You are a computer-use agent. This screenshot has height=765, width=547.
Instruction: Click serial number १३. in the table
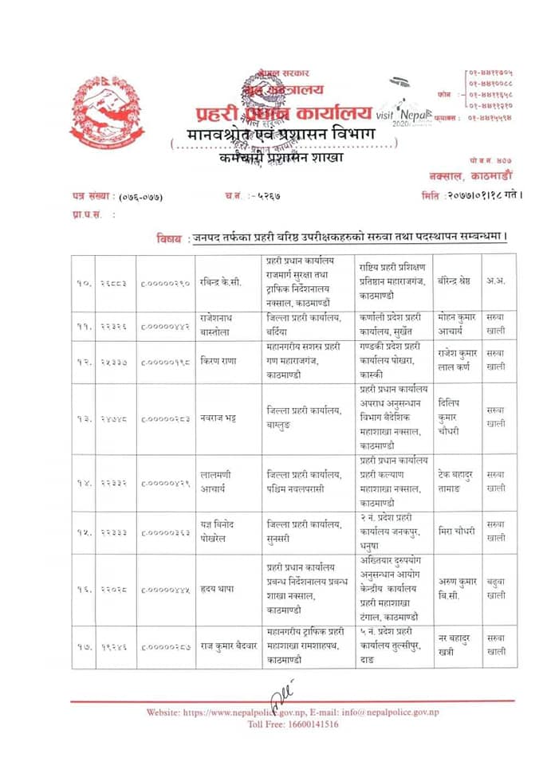[x=81, y=418]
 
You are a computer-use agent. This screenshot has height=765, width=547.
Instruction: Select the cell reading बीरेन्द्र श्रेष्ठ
[x=458, y=280]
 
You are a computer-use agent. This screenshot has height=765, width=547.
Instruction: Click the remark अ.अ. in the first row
[x=495, y=280]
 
